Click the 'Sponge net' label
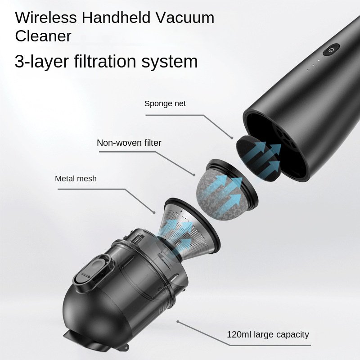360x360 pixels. [165, 103]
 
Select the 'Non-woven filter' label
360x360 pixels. [129, 143]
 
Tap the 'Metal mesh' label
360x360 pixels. [76, 179]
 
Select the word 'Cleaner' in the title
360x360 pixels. [43, 36]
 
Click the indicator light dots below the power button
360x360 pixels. [315, 66]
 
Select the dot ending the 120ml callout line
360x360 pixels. [178, 322]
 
